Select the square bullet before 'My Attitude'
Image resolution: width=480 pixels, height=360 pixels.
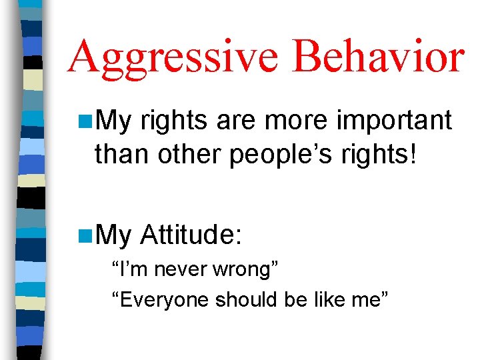pos(85,234)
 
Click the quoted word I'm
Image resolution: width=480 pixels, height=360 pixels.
pos(130,271)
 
